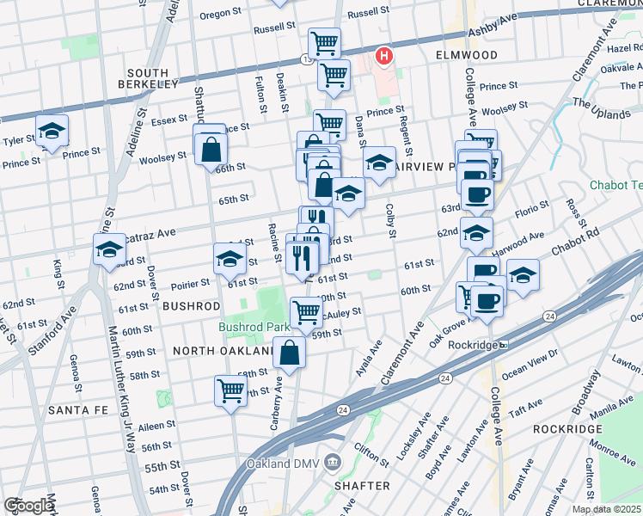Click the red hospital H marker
384,58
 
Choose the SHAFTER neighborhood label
362,486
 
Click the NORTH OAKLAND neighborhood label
222,351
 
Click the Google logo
29,506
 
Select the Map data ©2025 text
606,509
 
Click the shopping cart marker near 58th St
231,390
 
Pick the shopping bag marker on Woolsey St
211,150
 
